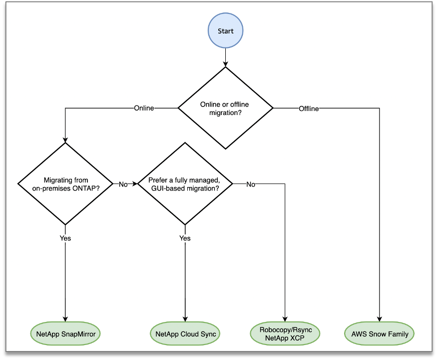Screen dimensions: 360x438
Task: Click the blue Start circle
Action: [225, 31]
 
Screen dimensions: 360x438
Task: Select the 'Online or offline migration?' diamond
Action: [225, 108]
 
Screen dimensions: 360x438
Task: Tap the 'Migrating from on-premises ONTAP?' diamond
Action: [65, 183]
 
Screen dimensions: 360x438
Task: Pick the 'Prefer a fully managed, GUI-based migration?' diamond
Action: [185, 183]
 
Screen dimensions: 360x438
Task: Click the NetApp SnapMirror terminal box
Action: [65, 333]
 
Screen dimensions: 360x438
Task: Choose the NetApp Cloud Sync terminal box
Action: [185, 333]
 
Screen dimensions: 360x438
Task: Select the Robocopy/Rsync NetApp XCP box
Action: [285, 333]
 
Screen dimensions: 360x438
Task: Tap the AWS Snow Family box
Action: [380, 333]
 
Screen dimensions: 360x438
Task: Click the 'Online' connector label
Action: [144, 108]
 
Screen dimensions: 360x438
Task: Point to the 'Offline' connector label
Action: [309, 108]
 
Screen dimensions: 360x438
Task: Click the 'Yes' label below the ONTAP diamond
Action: [65, 238]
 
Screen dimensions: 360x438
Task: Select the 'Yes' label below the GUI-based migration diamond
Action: [185, 238]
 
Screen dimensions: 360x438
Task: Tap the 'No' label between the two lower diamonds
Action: [123, 184]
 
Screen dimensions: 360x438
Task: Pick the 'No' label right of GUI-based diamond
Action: [251, 184]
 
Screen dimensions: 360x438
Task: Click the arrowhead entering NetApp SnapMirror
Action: [65, 319]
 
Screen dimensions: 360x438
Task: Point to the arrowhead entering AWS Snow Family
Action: [380, 319]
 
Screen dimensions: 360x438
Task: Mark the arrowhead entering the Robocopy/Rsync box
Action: [285, 319]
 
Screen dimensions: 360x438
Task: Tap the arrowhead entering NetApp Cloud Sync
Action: [185, 319]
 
